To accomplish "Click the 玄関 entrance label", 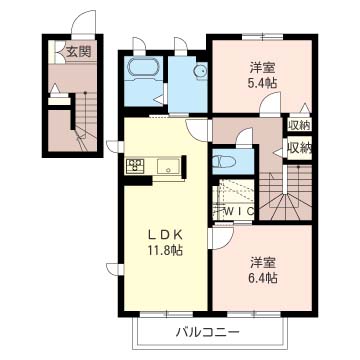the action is (x=78, y=52).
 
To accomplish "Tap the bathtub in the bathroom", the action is (x=143, y=69).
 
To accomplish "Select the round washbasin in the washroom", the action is (x=201, y=71).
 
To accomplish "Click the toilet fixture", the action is (x=224, y=162).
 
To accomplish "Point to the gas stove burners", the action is (x=135, y=165).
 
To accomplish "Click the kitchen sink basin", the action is (x=168, y=166).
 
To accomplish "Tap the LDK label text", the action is (x=166, y=235).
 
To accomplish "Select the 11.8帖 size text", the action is (x=166, y=250).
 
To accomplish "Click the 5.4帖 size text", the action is (x=263, y=83).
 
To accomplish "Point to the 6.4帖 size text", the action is (x=263, y=278).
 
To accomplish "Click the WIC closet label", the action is (x=240, y=210).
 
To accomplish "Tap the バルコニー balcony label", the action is (x=208, y=332).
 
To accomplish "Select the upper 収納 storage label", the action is (x=299, y=125).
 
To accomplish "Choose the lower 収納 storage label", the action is (x=299, y=148).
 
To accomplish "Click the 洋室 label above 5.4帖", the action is (x=263, y=68).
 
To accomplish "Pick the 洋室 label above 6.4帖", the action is (x=263, y=263).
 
